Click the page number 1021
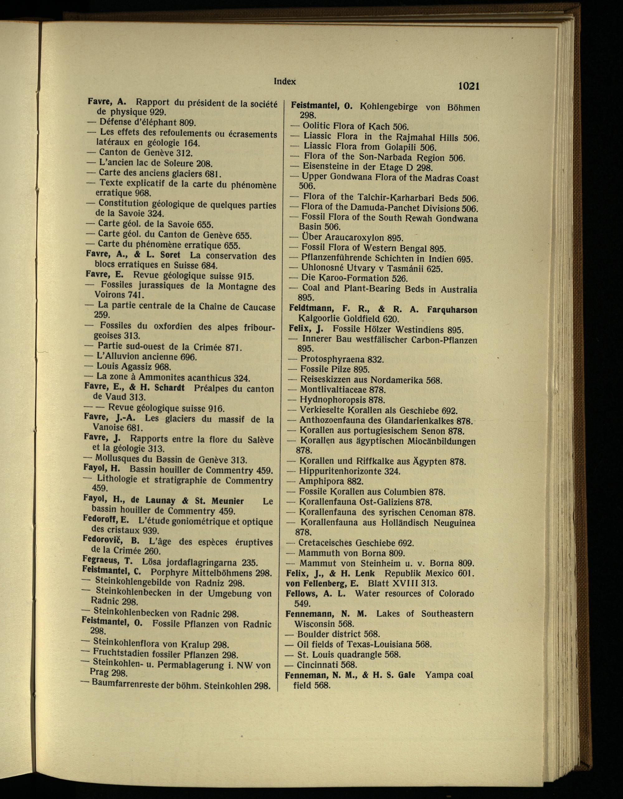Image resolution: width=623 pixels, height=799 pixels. click(468, 86)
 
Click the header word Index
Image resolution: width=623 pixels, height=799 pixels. click(284, 82)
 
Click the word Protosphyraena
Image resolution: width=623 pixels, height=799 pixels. click(332, 359)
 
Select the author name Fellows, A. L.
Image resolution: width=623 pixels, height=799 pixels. click(315, 593)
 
